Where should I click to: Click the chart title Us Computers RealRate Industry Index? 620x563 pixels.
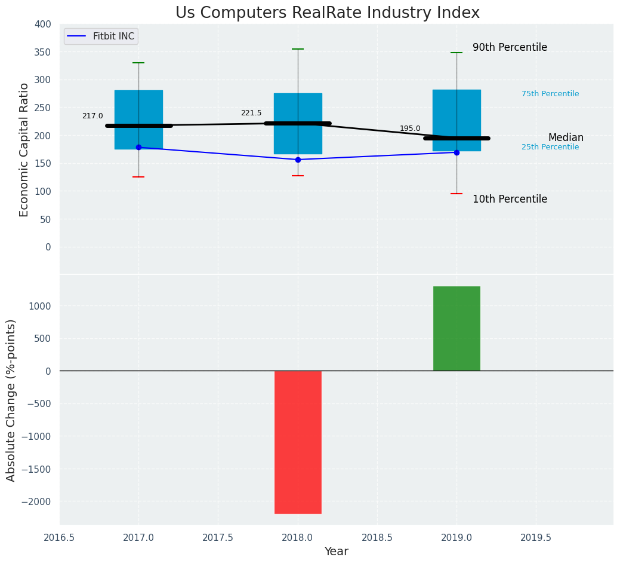pos(327,13)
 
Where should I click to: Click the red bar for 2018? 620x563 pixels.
pos(298,442)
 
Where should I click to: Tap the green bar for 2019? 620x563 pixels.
pos(456,328)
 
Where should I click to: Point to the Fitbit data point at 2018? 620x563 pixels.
pos(298,160)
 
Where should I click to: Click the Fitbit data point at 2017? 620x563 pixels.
pos(138,147)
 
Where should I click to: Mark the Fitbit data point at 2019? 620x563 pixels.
pos(456,152)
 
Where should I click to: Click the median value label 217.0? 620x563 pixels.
pos(92,116)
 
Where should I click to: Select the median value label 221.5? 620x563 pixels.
pos(251,113)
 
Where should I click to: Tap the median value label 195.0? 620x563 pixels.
pos(410,128)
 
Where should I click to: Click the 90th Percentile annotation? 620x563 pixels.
pos(510,48)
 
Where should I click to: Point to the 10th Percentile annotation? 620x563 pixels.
pos(510,200)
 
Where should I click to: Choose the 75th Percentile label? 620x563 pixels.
pos(550,94)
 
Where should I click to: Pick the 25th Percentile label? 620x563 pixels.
pos(550,147)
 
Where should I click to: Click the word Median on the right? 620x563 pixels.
pos(566,138)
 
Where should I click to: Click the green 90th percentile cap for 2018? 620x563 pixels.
pos(298,49)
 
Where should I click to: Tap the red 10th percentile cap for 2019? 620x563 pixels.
pos(456,194)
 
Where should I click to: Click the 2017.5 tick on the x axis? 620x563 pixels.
pos(218,538)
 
